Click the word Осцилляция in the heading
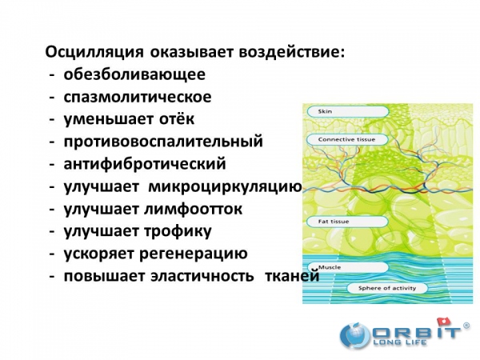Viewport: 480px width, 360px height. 94,52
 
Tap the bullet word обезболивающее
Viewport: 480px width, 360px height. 134,74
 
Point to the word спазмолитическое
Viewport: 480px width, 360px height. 138,97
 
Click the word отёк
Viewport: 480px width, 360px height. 177,118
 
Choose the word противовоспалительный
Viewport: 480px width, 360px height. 163,142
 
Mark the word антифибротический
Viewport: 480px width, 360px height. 145,164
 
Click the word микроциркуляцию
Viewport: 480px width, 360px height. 226,186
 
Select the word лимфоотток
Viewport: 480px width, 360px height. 193,209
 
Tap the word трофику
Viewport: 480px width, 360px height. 178,231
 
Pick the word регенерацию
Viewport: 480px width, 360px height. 193,254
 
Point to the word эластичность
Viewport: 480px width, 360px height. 202,276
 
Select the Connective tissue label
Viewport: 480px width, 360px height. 347,139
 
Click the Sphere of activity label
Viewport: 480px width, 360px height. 387,288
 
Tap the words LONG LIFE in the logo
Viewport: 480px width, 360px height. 399,342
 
